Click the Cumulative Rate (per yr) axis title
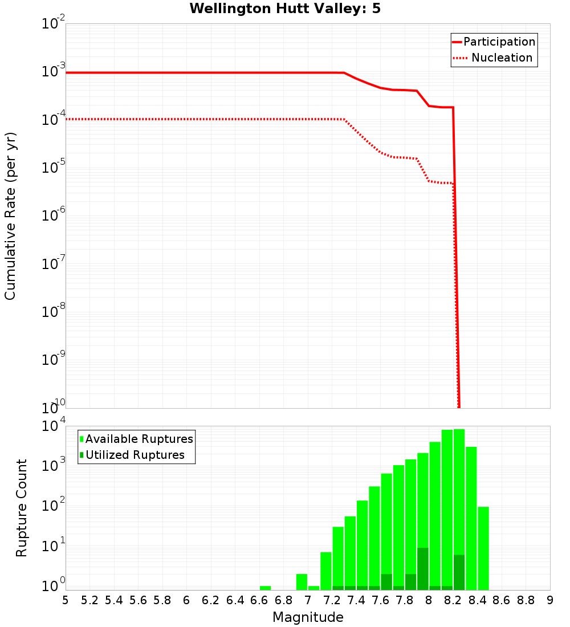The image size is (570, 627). tap(10, 216)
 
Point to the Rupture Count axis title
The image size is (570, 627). tap(22, 508)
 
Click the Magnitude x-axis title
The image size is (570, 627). tap(308, 617)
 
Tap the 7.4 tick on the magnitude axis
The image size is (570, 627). tap(356, 600)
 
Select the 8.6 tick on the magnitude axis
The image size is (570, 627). tap(502, 600)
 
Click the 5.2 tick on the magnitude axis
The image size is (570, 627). tap(89, 600)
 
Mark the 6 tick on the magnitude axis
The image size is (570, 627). tap(186, 600)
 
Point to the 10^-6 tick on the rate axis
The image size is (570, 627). tap(54, 215)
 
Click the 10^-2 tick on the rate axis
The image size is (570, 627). tap(54, 24)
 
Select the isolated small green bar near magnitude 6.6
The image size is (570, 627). tap(265, 588)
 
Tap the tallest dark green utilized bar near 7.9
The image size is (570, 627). tap(423, 569)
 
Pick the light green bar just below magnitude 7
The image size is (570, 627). tap(302, 582)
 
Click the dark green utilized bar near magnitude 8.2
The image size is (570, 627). tap(459, 572)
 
